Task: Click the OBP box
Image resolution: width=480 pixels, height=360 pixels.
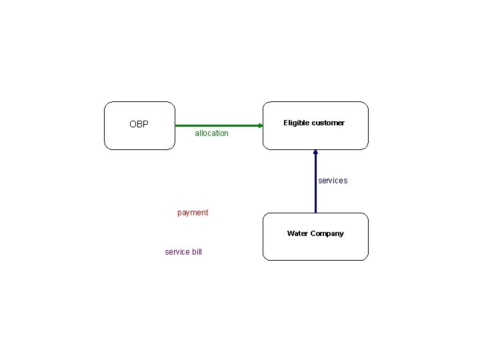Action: tap(140, 137)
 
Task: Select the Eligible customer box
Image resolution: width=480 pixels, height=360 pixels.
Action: tap(315, 137)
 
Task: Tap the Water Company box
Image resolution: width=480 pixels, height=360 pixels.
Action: tap(315, 247)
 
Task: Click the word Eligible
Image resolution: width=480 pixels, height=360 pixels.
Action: tap(297, 123)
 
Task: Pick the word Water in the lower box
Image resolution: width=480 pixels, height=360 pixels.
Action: tap(297, 233)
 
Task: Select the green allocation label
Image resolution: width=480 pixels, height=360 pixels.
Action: tap(211, 133)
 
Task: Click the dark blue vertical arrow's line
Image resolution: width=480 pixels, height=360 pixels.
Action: tap(315, 187)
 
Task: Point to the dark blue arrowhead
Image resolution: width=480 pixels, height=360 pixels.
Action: tap(315, 153)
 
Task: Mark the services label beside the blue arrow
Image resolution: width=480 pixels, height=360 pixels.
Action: tap(333, 181)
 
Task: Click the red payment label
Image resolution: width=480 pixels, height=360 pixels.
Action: tap(193, 213)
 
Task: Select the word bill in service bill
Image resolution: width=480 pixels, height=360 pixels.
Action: tap(195, 252)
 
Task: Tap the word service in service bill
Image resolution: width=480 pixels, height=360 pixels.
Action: tap(176, 252)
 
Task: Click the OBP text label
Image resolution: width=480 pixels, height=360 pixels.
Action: tap(139, 124)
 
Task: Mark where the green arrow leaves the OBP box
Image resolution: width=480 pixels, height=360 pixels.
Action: tap(176, 125)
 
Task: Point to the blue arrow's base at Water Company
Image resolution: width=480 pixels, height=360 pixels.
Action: tap(315, 211)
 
